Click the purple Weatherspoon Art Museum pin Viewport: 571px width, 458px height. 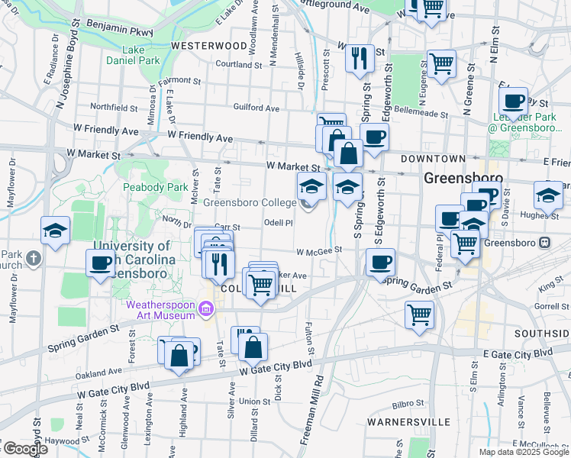(x=205, y=308)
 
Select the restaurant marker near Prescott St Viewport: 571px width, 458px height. (x=360, y=58)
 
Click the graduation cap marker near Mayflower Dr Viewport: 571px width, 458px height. (x=56, y=231)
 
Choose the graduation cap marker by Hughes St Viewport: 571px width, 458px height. (x=547, y=195)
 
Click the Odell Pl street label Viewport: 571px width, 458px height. (x=278, y=223)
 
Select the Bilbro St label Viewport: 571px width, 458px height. (x=408, y=403)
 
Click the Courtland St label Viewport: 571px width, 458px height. (x=239, y=65)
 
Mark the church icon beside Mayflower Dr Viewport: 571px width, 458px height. (x=33, y=259)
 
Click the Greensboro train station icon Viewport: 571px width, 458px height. (x=544, y=243)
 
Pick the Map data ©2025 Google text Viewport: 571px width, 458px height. (x=523, y=451)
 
